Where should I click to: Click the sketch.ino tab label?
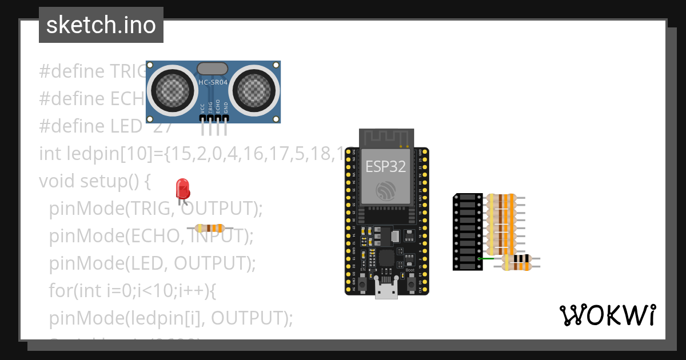point(101,25)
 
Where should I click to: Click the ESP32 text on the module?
point(385,166)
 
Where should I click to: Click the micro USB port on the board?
point(386,289)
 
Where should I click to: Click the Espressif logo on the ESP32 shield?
point(386,191)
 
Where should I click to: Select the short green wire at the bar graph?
point(486,258)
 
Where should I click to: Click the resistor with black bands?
point(520,262)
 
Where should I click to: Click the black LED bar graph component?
point(468,231)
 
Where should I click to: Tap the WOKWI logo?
point(607,315)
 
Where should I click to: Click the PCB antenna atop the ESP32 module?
point(386,138)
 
